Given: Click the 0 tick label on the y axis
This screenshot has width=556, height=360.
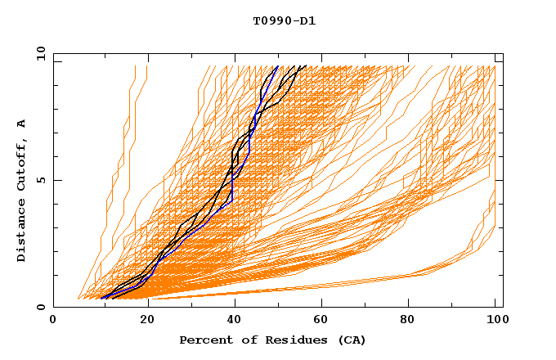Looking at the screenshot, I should (x=40, y=307).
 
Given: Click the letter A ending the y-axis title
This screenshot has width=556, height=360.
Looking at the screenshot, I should (x=22, y=124).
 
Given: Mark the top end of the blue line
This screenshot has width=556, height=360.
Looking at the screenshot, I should (x=278, y=66).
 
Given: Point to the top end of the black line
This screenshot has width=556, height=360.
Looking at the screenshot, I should (x=305, y=66).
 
